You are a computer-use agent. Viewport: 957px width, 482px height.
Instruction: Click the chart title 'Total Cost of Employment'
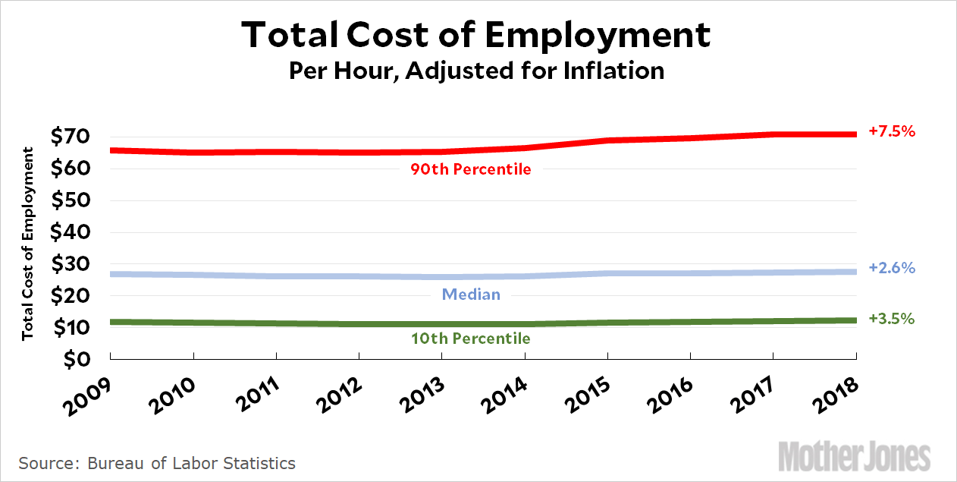coord(477,36)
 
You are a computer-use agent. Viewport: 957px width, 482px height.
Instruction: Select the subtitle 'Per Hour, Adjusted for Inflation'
coord(477,71)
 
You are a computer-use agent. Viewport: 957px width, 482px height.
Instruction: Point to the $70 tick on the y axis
coord(70,137)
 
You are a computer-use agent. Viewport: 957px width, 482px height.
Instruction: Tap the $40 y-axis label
coord(70,233)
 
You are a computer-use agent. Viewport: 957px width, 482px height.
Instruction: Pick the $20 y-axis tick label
coord(70,296)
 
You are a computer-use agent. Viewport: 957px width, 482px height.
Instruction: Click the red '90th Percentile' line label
coord(471,169)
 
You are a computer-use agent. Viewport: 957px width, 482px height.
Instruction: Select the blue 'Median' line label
coord(471,294)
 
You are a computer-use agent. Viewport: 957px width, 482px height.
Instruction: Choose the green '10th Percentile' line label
coord(471,339)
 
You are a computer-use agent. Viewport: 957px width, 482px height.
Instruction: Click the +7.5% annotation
coord(893,131)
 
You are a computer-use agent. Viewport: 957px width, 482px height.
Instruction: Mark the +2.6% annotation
coord(893,268)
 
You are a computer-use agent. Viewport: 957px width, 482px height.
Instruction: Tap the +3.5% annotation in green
coord(893,319)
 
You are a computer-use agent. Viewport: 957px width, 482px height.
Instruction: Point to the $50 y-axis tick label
coord(70,201)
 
